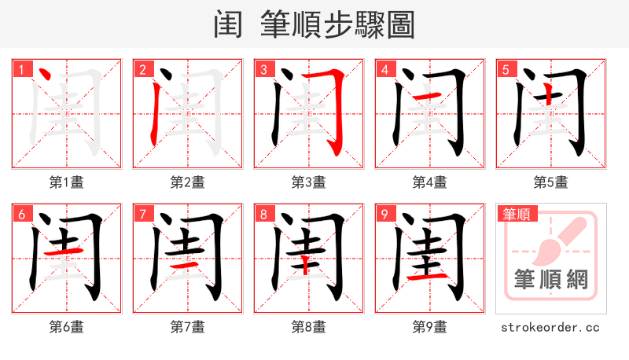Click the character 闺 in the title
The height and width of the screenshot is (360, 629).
coord(228,25)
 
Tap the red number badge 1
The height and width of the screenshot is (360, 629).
coord(21,70)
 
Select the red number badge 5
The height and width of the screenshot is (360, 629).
coord(506,70)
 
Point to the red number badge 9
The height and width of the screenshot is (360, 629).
coord(384,215)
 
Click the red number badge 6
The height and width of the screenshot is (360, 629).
coord(21,215)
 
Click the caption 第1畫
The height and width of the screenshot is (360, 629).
coord(67,182)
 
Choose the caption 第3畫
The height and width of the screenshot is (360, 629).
coord(309,182)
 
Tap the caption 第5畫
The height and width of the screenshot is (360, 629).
coord(551,182)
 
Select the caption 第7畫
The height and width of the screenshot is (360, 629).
coord(188,327)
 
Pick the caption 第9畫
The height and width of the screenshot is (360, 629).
coord(430,327)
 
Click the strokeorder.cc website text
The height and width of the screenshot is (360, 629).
coord(551,327)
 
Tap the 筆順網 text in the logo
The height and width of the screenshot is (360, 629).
coord(551,280)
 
